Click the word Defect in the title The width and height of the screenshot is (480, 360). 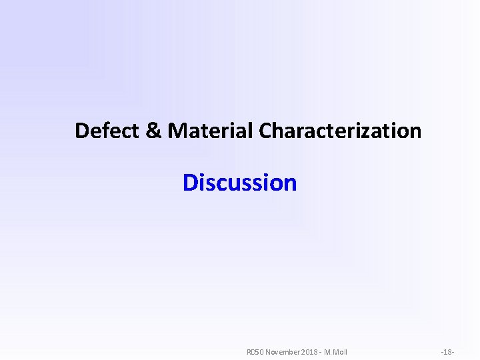107,131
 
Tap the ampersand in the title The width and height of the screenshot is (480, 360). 153,131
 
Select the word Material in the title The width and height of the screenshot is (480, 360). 211,131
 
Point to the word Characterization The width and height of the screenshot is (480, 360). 340,131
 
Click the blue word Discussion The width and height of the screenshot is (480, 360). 240,182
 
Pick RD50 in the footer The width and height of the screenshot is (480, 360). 255,351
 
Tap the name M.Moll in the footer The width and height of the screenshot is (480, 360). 335,351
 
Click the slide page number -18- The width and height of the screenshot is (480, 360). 447,351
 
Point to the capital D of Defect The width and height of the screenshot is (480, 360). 82,131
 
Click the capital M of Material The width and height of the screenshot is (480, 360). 177,131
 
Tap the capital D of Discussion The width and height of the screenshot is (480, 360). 190,182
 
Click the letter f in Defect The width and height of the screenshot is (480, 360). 106,130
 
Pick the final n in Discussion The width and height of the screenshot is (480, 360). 290,183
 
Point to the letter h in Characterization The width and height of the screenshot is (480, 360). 279,131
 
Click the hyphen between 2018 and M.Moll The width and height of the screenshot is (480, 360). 320,352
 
